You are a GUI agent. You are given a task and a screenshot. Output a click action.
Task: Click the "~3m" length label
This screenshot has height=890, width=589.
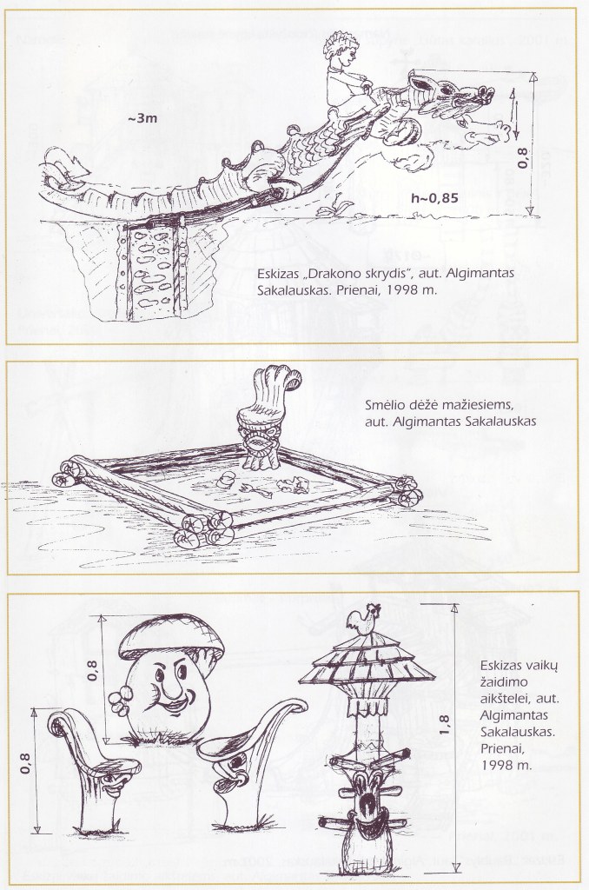(142, 118)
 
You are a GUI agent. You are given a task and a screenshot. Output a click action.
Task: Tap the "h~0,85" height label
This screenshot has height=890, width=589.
(434, 199)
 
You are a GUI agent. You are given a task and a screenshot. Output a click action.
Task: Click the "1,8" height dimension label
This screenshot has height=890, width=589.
(444, 725)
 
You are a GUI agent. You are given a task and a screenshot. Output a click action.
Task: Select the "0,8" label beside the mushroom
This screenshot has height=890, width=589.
(93, 670)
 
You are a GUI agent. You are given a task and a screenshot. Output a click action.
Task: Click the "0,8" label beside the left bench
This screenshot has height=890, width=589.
(25, 763)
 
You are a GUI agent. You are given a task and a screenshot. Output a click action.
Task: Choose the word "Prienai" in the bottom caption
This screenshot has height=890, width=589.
(500, 749)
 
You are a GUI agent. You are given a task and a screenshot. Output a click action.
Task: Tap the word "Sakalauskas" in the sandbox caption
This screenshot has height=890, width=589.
(500, 422)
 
